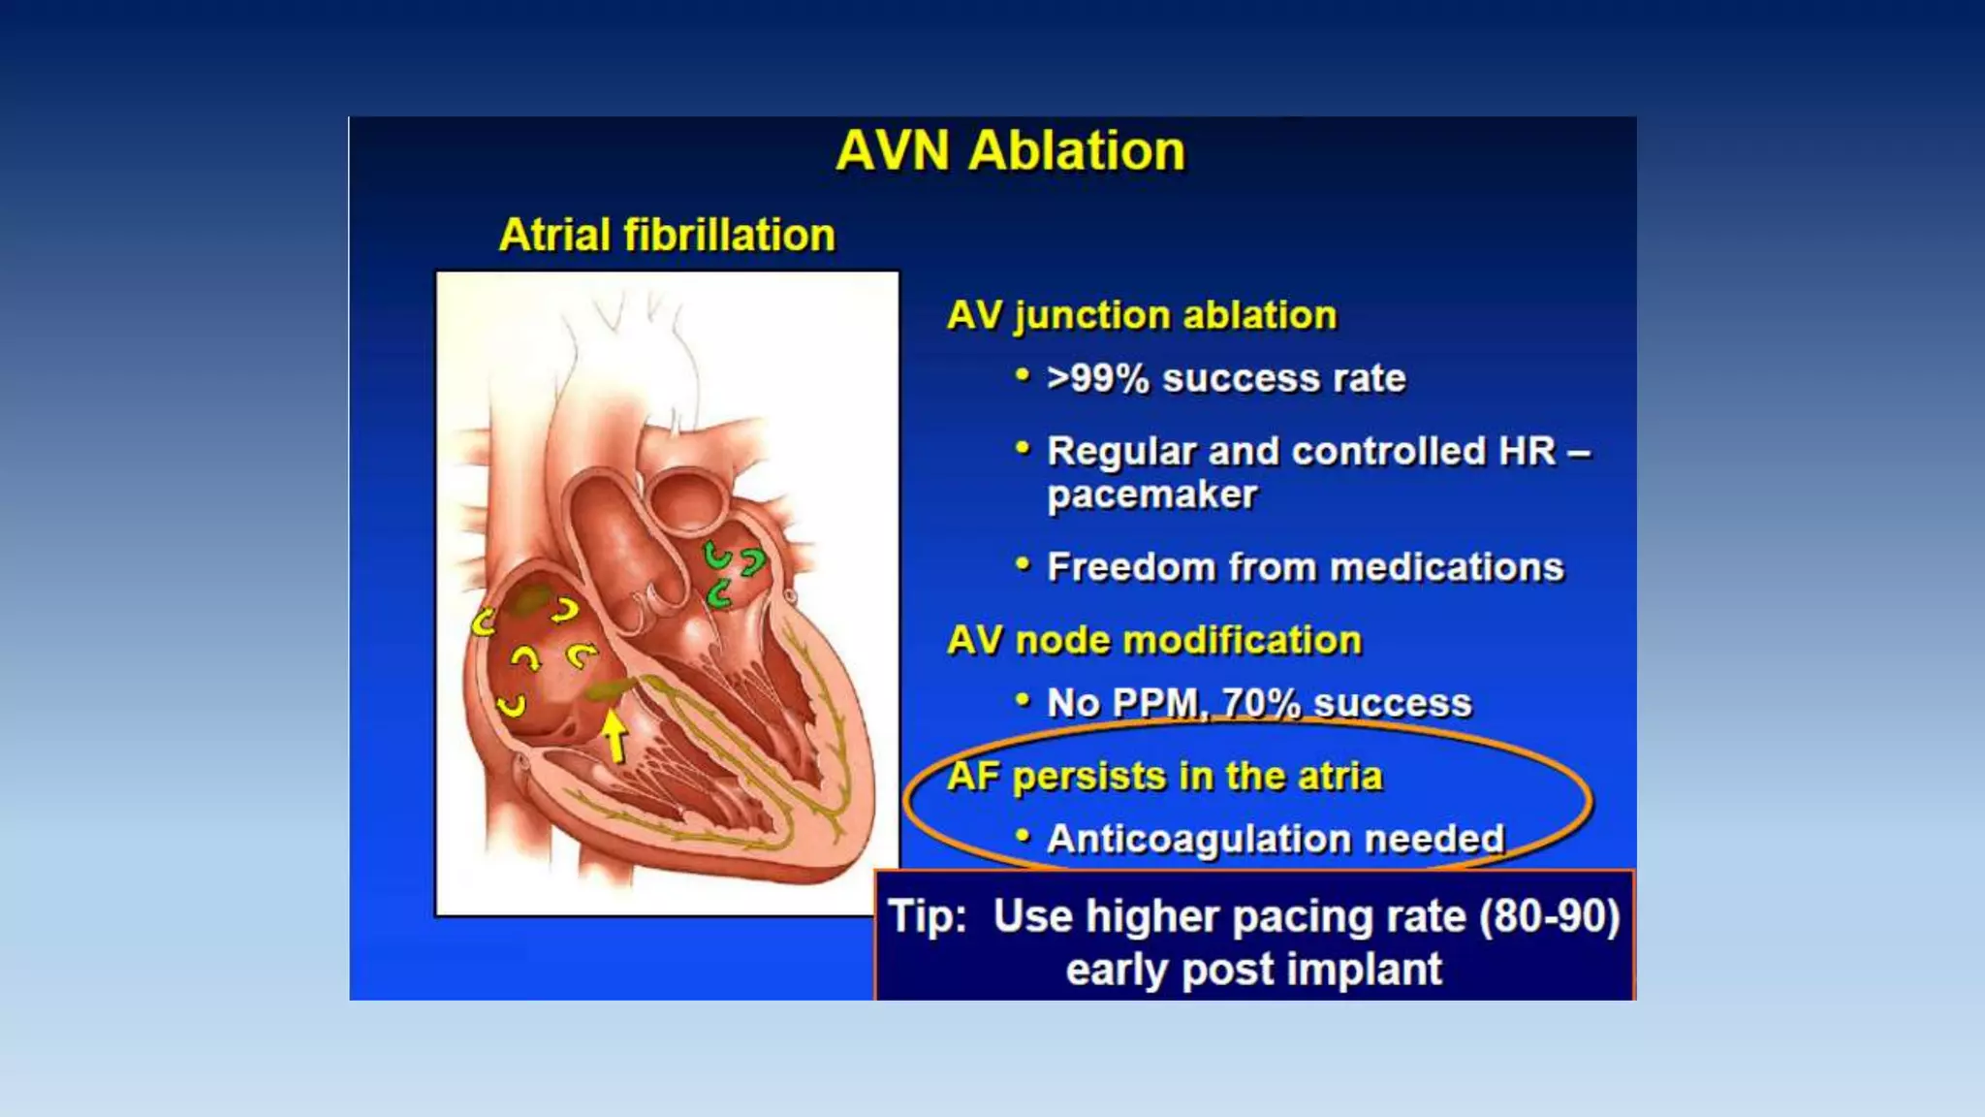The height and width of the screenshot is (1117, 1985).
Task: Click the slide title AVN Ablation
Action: point(1010,151)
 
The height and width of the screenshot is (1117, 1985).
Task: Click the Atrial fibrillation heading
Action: point(667,236)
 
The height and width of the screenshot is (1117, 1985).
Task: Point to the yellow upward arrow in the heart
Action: point(614,735)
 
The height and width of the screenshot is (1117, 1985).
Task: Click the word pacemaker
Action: point(1151,495)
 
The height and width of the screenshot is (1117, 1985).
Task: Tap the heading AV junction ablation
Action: point(1141,316)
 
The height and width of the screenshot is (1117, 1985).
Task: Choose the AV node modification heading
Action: point(1153,641)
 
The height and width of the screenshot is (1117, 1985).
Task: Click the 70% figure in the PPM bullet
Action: point(1261,703)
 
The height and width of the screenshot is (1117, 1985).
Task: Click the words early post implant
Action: point(1253,970)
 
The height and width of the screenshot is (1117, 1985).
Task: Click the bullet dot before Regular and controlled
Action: point(1022,449)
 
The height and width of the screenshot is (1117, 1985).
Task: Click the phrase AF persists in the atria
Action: point(1164,777)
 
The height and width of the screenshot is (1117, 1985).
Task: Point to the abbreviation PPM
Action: point(1153,703)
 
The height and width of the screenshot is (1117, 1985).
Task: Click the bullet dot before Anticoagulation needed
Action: point(1022,836)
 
